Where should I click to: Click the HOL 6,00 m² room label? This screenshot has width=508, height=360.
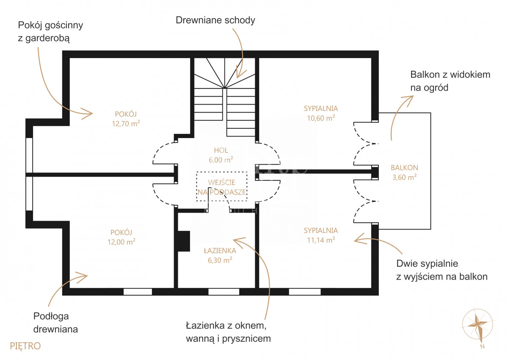[221, 155]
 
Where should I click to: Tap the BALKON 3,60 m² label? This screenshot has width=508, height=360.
[404, 172]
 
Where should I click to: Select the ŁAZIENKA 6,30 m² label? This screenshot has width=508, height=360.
[220, 255]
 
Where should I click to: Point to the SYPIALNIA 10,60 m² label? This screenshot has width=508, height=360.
[321, 113]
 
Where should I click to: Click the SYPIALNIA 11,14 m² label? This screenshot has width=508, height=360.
[321, 235]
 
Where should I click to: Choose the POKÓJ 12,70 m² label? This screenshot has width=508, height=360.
[126, 119]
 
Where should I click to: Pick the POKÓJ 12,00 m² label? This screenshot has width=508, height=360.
[121, 237]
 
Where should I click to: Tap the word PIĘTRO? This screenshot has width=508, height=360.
[25, 346]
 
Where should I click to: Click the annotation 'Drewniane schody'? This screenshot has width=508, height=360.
[215, 20]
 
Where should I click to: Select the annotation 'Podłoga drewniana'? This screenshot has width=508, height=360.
[55, 323]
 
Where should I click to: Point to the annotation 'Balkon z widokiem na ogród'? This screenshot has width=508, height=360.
[450, 81]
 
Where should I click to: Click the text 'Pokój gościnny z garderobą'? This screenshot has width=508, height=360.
[50, 31]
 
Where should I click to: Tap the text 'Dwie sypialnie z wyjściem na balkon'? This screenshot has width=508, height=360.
[442, 270]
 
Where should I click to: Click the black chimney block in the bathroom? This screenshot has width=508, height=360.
[184, 241]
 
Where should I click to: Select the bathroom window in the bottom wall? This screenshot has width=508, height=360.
[224, 292]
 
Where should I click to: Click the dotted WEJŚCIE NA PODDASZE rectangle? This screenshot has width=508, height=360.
[221, 186]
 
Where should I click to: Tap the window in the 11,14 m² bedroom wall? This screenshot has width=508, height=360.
[305, 292]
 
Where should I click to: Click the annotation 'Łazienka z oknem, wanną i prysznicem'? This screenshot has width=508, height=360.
[228, 332]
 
